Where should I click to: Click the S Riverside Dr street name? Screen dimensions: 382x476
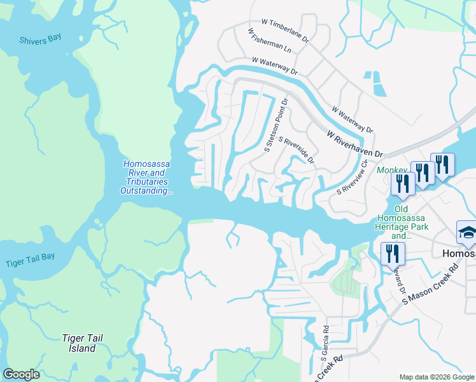click(296, 150)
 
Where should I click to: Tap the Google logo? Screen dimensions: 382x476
click(21, 374)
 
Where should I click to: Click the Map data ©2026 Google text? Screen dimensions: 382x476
click(437, 377)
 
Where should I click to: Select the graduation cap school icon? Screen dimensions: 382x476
click(467, 233)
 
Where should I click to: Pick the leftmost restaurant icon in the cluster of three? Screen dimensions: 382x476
click(402, 183)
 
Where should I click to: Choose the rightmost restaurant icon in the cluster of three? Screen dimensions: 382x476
click(442, 165)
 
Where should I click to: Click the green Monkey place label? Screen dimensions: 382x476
click(391, 171)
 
